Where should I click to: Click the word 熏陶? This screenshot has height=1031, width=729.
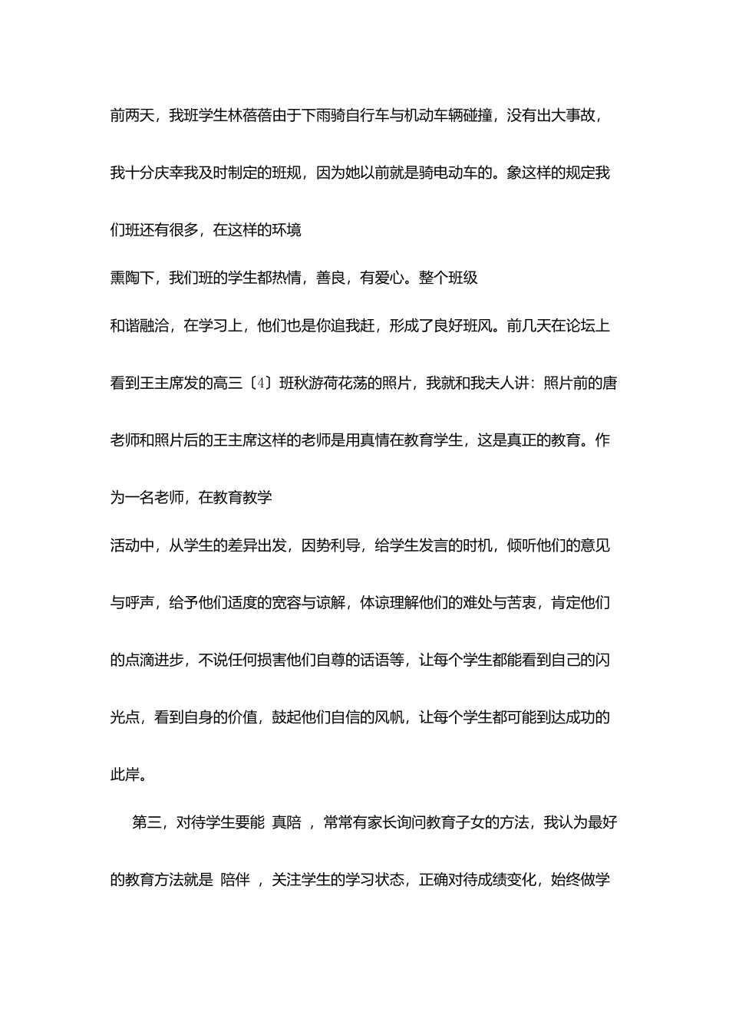click(125, 278)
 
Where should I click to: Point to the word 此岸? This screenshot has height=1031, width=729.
click(125, 774)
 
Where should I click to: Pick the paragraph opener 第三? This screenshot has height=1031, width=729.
click(147, 822)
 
